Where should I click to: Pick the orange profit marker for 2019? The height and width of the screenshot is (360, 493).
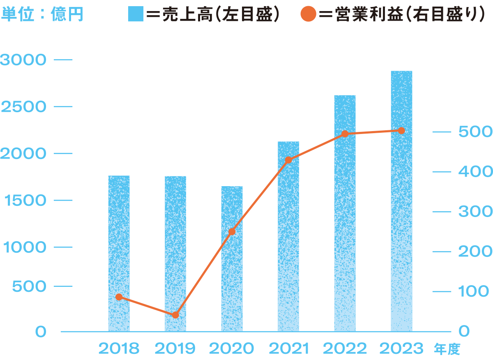pyautogui.click(x=175, y=315)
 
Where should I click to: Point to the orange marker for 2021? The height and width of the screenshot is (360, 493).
pyautogui.click(x=288, y=160)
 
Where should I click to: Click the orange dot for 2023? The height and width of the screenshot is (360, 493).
pyautogui.click(x=401, y=131)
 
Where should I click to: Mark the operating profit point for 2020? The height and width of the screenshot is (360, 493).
pyautogui.click(x=232, y=232)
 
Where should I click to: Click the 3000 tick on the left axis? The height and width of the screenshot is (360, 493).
pyautogui.click(x=23, y=60)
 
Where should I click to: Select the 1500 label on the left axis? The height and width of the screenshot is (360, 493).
pyautogui.click(x=23, y=201)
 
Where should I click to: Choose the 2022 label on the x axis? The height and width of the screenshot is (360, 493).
pyautogui.click(x=345, y=349)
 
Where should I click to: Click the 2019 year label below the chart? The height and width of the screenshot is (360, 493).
pyautogui.click(x=175, y=349)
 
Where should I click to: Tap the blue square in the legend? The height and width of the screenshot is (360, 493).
pyautogui.click(x=136, y=14)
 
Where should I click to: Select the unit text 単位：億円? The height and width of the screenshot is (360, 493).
pyautogui.click(x=42, y=14)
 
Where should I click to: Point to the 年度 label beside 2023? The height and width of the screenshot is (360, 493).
pyautogui.click(x=447, y=350)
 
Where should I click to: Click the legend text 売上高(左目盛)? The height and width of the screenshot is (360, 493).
pyautogui.click(x=214, y=14)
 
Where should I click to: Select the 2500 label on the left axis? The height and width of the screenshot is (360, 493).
pyautogui.click(x=23, y=107)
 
